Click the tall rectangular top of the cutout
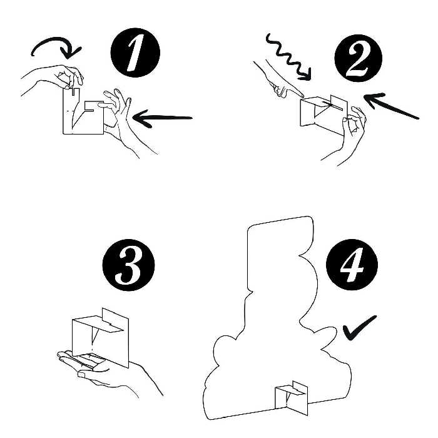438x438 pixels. (278, 250)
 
